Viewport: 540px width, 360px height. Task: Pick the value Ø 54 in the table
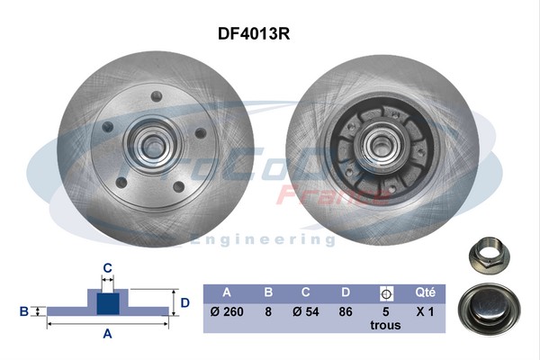pyautogui.click(x=307, y=312)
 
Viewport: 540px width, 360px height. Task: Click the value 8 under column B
pyautogui.click(x=267, y=312)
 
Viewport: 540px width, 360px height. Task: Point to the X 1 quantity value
pyautogui.click(x=426, y=312)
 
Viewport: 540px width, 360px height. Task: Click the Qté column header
pyautogui.click(x=426, y=292)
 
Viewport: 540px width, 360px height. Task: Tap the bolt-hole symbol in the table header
pyautogui.click(x=387, y=293)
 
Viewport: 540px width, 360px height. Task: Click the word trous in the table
pyautogui.click(x=387, y=327)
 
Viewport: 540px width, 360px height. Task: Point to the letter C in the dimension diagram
pyautogui.click(x=107, y=267)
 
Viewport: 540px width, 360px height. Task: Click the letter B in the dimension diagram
pyautogui.click(x=24, y=311)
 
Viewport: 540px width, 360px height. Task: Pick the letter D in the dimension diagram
pyautogui.click(x=184, y=302)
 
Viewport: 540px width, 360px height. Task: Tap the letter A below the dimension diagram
pyautogui.click(x=107, y=335)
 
